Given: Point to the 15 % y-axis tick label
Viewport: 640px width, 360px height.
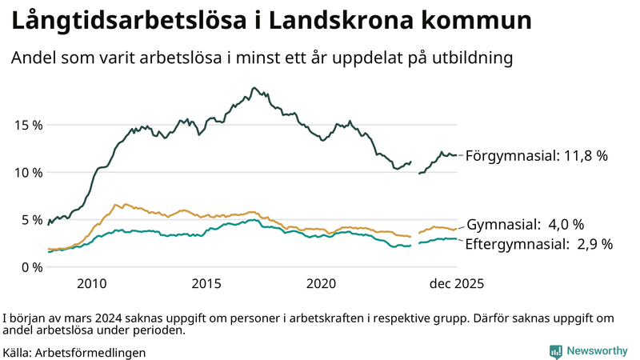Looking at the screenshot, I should pos(28,125).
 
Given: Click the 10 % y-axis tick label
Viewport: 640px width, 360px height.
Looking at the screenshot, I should pos(28,172).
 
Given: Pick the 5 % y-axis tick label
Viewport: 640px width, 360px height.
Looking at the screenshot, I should pos(32,219).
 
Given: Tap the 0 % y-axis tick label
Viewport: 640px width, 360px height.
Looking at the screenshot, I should pos(32,266).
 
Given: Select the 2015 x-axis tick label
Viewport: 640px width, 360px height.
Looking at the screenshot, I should pos(206,284).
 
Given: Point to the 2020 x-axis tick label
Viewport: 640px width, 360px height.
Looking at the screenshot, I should pos(321,284).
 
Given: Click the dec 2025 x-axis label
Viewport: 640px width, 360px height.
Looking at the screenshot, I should pos(457,284).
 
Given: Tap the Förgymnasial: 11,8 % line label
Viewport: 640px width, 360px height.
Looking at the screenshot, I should pos(536,156).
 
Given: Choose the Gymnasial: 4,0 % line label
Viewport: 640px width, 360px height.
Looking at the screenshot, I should pos(525,224).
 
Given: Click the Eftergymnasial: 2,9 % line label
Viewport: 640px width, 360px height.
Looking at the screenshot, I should pos(538,244).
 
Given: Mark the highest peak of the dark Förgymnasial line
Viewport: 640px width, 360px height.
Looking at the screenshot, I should pos(254,88).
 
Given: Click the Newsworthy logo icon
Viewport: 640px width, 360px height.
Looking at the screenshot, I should pos(555,351).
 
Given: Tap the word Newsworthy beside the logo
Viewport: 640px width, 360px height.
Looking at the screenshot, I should pos(597,351).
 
